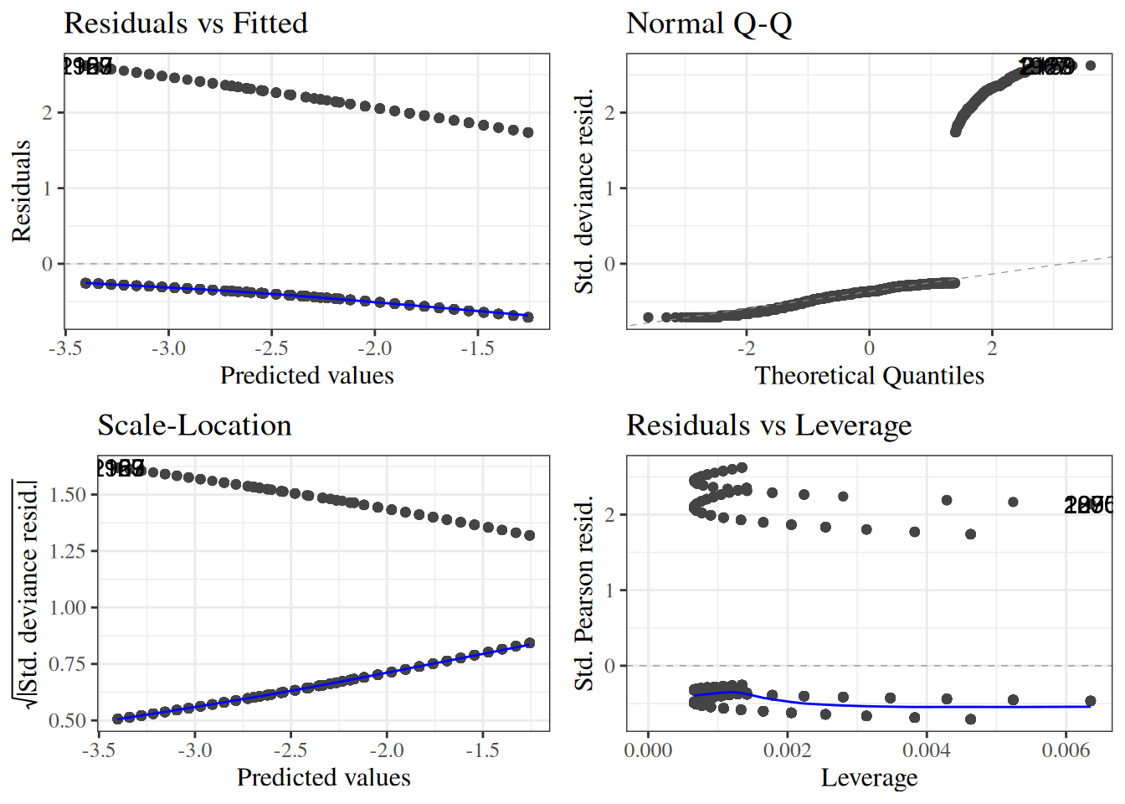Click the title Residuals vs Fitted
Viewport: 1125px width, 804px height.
coord(185,23)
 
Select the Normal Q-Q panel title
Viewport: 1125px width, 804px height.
coord(708,23)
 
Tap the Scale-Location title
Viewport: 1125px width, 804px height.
coord(194,425)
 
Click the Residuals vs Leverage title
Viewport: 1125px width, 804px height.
coord(768,425)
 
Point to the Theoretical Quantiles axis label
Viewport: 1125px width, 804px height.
coord(869,375)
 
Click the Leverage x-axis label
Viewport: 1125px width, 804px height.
coord(869,777)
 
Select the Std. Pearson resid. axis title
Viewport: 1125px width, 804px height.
coord(584,593)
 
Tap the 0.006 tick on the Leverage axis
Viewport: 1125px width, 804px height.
coord(1066,750)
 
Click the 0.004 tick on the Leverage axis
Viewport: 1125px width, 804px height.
coord(927,750)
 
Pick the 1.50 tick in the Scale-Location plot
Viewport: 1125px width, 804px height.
coord(68,495)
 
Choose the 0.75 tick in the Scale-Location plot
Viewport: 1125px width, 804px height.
coord(68,664)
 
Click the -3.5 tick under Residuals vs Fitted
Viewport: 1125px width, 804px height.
coord(65,348)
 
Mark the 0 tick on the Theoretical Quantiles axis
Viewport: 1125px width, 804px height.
coord(869,348)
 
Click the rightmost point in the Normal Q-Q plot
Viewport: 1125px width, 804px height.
coord(1090,65)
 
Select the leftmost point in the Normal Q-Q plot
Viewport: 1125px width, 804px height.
coord(648,317)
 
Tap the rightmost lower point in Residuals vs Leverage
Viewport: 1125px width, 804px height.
coord(1090,701)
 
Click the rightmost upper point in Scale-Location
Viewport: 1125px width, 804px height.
coord(529,535)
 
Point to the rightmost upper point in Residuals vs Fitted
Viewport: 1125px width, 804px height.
coord(528,132)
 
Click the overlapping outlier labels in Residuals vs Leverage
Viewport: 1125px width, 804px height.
coord(1088,505)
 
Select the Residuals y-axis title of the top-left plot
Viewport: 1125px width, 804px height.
coord(22,191)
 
